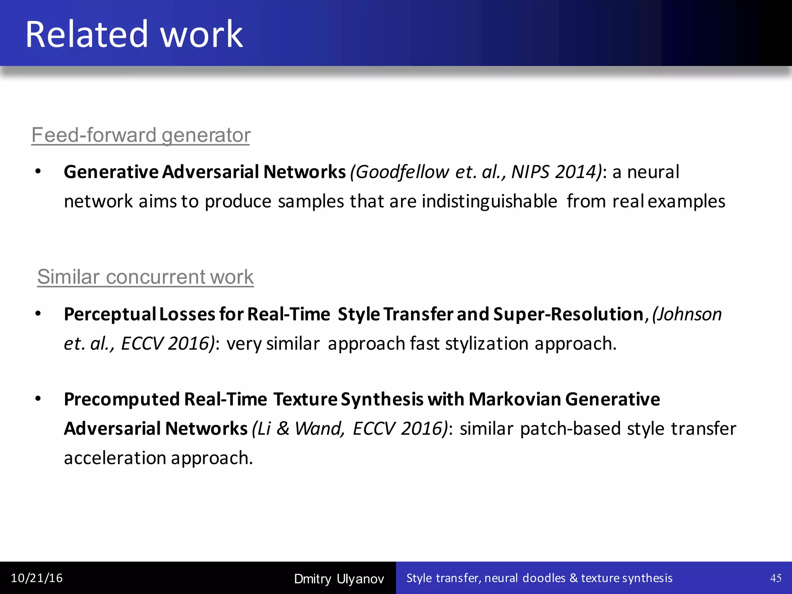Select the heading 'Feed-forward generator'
click(141, 135)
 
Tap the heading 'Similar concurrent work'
click(145, 277)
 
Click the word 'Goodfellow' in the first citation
click(402, 172)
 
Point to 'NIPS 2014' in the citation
click(555, 172)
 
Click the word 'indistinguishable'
click(489, 201)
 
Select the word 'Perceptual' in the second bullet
click(109, 314)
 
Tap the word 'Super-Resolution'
click(568, 314)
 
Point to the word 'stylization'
click(486, 344)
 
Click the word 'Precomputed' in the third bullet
click(121, 399)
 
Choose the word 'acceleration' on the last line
click(115, 458)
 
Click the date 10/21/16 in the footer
click(37, 578)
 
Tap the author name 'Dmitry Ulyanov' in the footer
click(339, 579)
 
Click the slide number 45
click(775, 578)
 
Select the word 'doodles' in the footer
click(544, 578)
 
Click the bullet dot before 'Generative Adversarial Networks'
click(38, 172)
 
